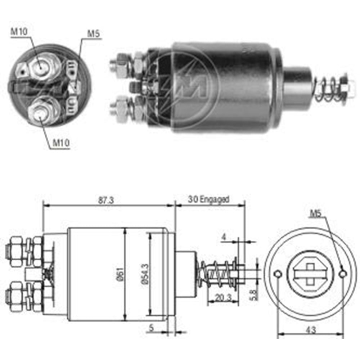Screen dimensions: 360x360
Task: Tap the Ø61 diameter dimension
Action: click(120, 274)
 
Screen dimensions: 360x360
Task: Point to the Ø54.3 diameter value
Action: click(145, 275)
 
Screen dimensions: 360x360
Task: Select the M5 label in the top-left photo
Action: click(93, 34)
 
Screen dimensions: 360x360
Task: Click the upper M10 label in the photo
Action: click(18, 31)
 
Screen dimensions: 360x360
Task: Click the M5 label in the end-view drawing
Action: click(316, 213)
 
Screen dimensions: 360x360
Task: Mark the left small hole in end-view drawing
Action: click(278, 275)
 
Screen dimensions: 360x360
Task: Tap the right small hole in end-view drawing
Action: click(343, 275)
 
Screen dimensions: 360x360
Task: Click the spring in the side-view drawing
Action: click(218, 275)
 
